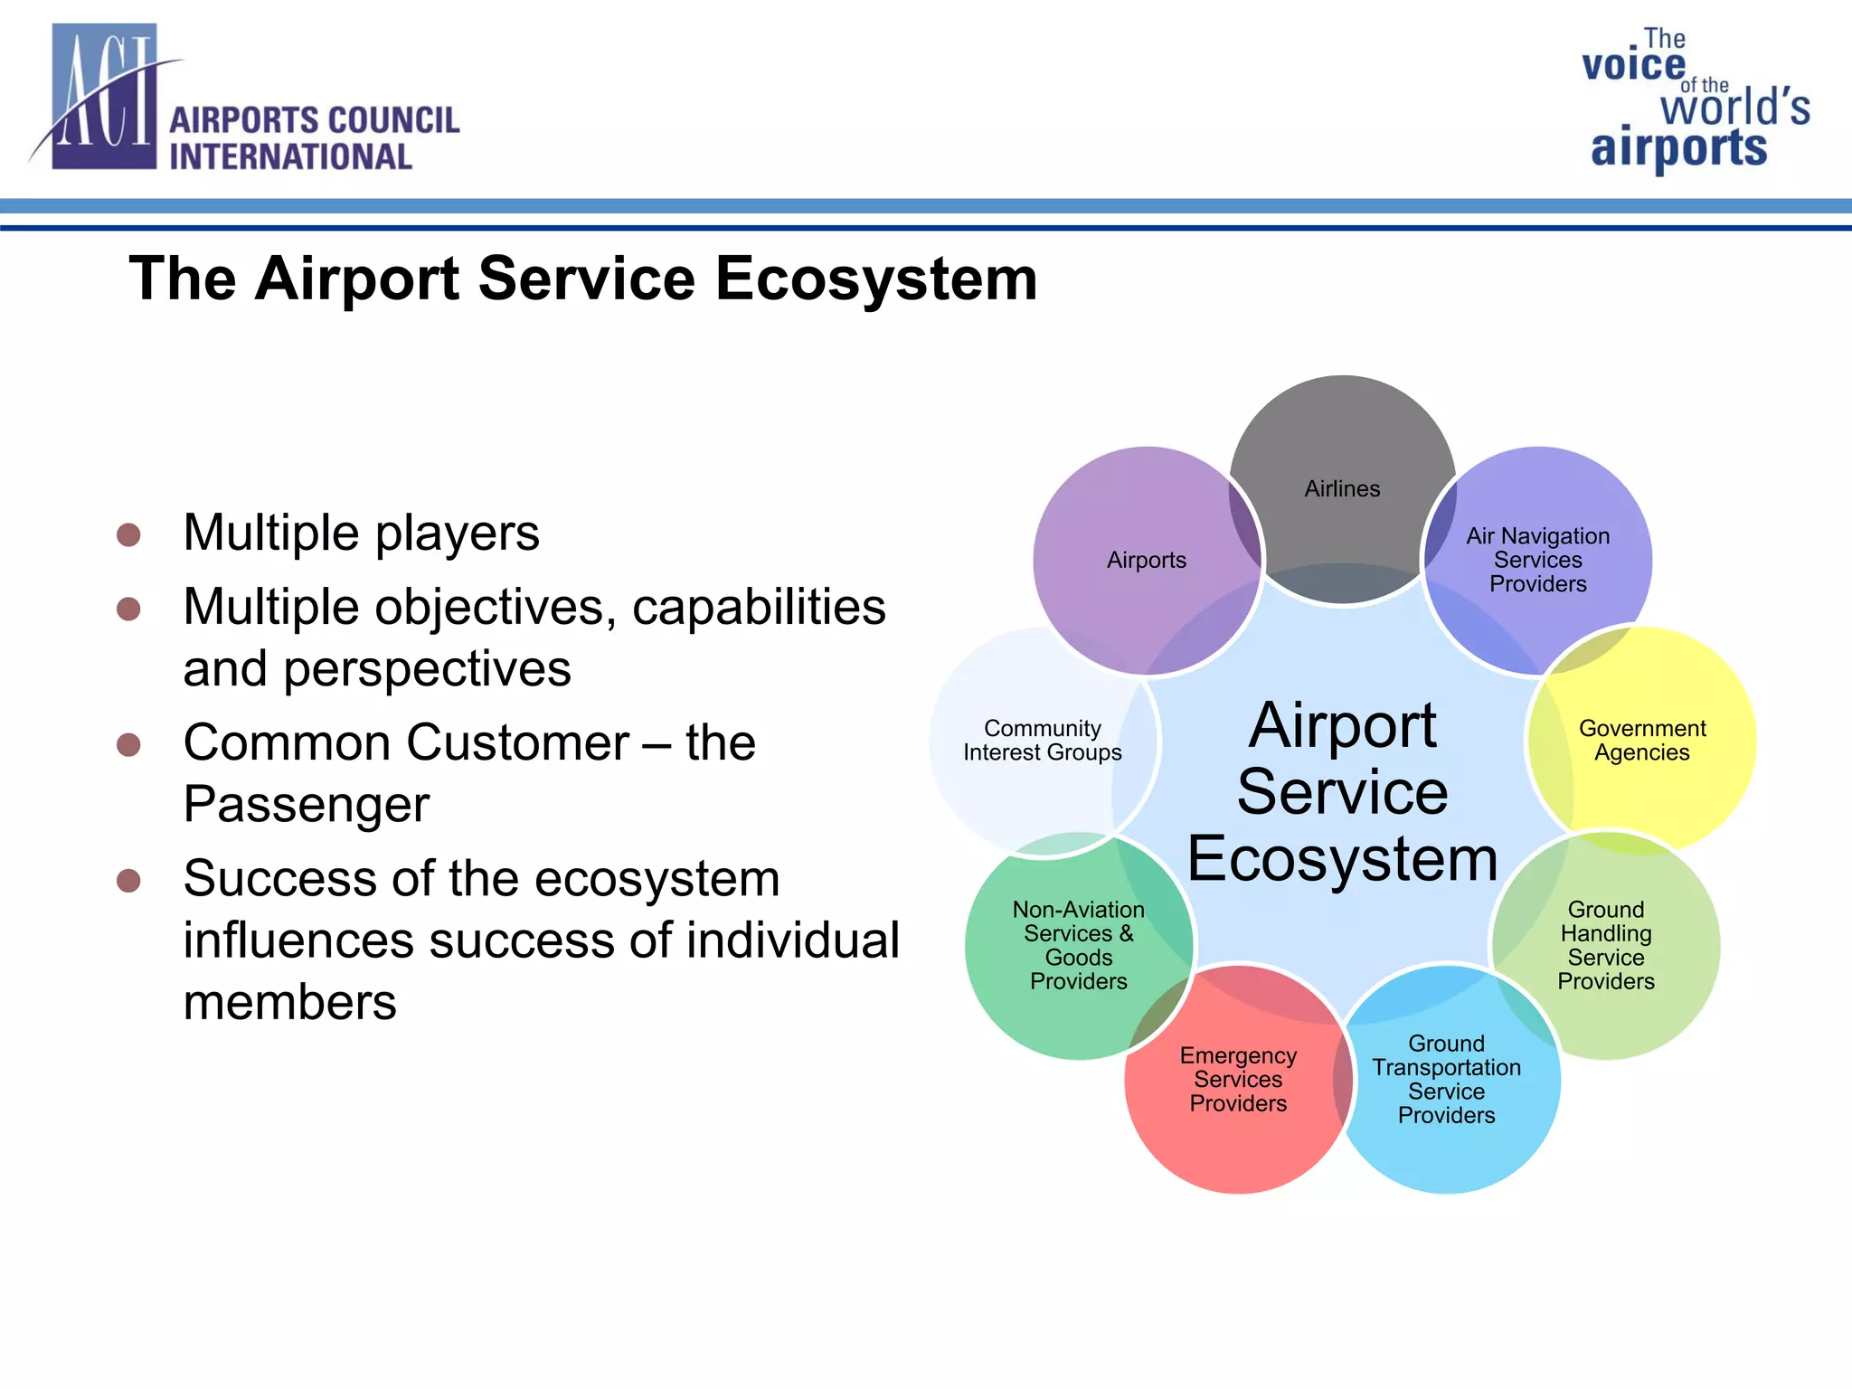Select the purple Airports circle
click(x=1146, y=560)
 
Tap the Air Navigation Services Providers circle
click(x=1537, y=560)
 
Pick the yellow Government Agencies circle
click(x=1641, y=741)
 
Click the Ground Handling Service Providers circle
click(x=1606, y=945)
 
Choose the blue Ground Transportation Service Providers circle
click(x=1446, y=1080)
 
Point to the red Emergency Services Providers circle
click(x=1238, y=1080)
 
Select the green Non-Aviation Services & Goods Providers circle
click(x=1078, y=945)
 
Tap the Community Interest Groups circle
click(x=1042, y=741)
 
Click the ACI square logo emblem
click(x=104, y=98)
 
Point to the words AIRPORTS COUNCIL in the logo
click(x=314, y=120)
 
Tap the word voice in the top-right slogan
click(x=1633, y=65)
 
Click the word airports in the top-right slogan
click(x=1678, y=148)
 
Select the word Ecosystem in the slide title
click(x=875, y=279)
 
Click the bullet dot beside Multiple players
click(x=129, y=534)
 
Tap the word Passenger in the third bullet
click(x=306, y=804)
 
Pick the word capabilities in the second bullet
click(x=759, y=607)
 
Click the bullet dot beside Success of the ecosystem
click(x=129, y=881)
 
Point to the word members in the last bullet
click(x=289, y=1002)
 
